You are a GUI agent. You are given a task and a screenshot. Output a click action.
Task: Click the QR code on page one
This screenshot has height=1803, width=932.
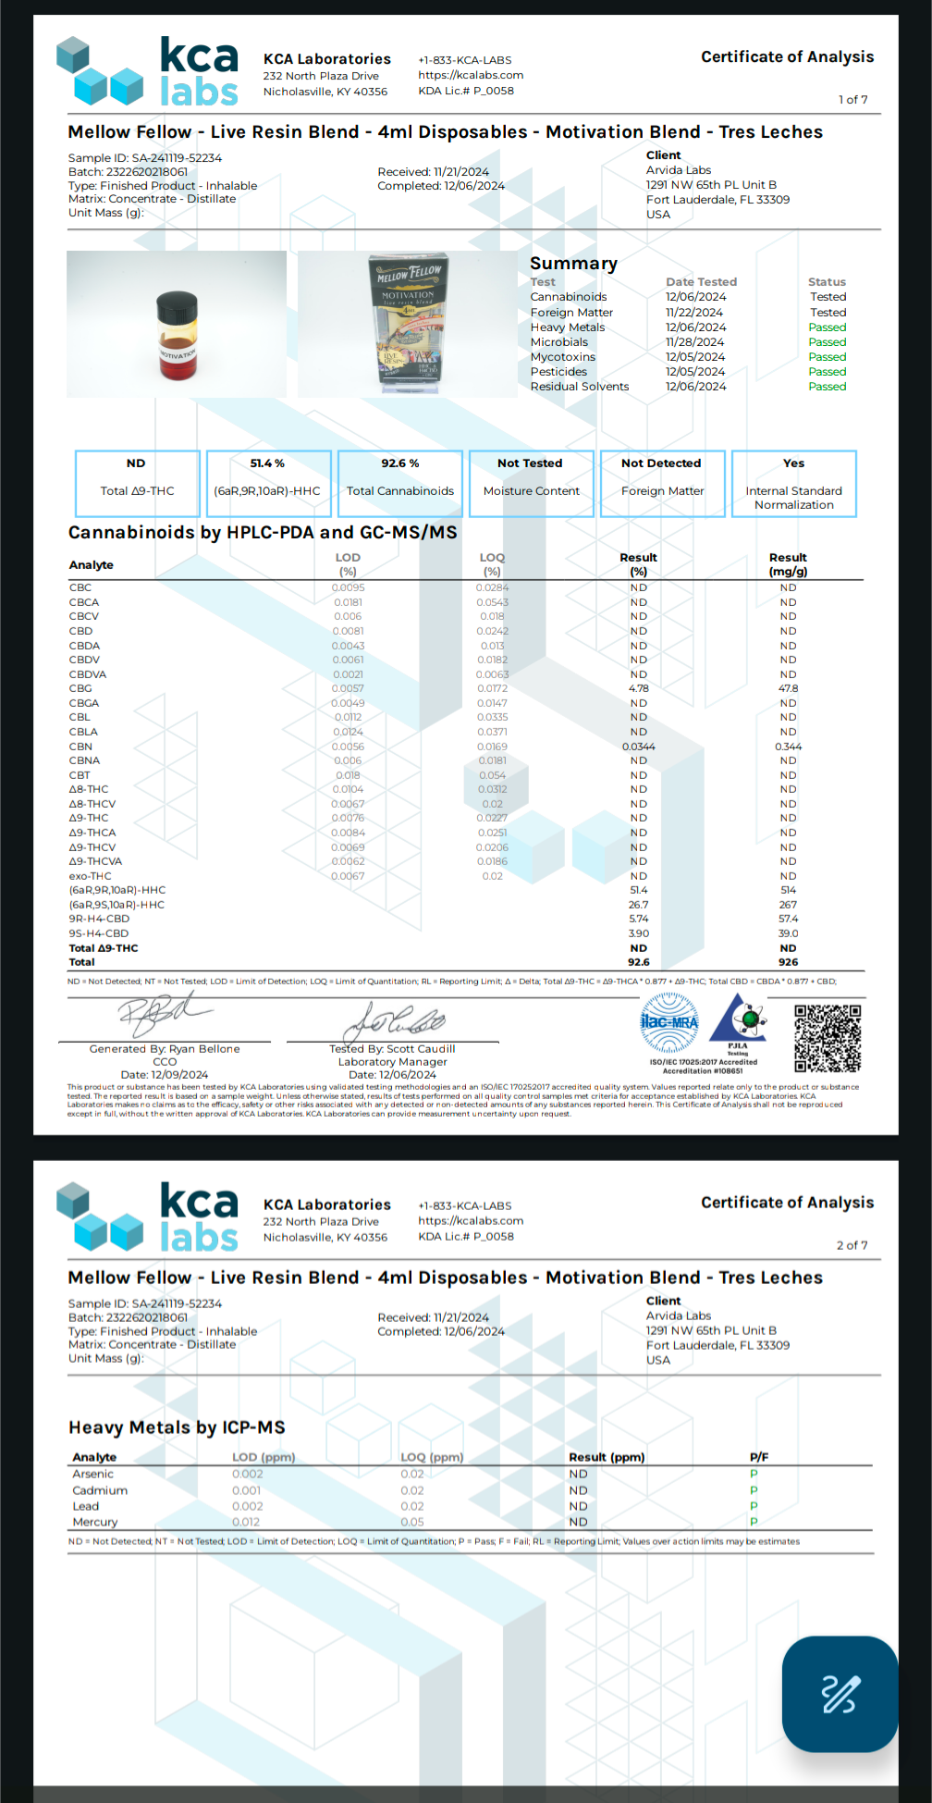point(828,1038)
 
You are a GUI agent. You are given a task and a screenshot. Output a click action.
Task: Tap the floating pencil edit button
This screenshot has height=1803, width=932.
point(840,1694)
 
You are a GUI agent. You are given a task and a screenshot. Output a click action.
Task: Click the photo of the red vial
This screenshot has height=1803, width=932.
point(177,325)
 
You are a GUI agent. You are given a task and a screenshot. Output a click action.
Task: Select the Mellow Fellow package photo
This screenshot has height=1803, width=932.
point(408,324)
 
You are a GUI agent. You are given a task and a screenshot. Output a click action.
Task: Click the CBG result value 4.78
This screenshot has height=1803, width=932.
point(639,688)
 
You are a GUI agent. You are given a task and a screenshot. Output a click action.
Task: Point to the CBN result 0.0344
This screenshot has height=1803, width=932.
point(639,747)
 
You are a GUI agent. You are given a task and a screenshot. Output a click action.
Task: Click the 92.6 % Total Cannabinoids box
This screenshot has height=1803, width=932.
point(400,483)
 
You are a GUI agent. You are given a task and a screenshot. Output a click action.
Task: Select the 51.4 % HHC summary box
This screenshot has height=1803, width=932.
point(268,483)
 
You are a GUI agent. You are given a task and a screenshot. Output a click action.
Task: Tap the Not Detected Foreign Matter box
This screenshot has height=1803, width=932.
point(662,483)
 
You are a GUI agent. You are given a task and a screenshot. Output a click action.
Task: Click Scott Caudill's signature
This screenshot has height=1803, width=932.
point(393,1021)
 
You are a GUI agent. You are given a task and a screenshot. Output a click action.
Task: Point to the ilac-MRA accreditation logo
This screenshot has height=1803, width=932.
point(669,1022)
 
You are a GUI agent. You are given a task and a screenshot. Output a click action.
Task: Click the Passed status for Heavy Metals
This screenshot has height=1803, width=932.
point(827,327)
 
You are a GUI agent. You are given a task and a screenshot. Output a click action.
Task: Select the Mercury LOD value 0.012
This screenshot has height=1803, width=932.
point(246,1522)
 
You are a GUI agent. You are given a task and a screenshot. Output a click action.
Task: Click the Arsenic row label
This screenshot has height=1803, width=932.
point(93,1475)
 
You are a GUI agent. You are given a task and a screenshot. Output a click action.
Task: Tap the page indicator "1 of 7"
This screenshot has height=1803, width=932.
point(852,100)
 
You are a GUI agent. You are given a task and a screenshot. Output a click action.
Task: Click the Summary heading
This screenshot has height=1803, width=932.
point(573,264)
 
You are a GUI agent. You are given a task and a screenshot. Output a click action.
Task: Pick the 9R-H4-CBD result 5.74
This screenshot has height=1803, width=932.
point(639,919)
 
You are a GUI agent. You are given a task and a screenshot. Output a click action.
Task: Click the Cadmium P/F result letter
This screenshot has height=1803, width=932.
point(754,1490)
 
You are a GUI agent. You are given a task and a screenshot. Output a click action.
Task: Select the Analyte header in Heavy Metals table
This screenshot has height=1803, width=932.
point(94,1457)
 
